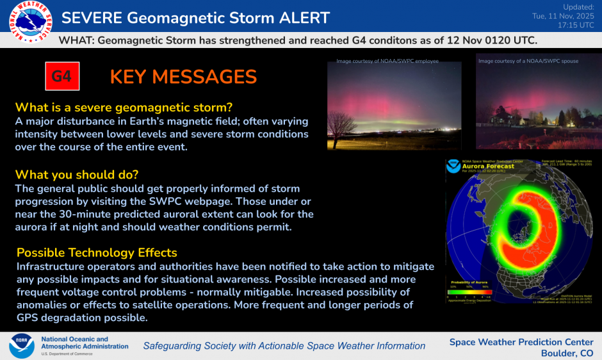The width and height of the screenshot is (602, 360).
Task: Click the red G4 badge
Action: (x=61, y=77)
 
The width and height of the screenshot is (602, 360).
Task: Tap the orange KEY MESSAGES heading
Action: (x=183, y=77)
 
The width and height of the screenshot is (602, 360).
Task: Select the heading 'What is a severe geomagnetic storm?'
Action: (x=124, y=107)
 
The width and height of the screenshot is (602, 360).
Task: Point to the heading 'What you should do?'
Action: (x=77, y=174)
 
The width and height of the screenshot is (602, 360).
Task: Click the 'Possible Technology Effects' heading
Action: (x=97, y=252)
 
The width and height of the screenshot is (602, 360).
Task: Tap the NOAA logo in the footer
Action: (x=21, y=345)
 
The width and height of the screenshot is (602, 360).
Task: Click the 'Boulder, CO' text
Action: (x=567, y=353)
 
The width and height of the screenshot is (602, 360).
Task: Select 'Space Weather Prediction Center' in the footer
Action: (x=521, y=341)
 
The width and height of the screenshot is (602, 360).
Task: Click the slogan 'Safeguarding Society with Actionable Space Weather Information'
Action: (x=284, y=346)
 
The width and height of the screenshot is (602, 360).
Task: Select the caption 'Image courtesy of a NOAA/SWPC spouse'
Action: (x=528, y=61)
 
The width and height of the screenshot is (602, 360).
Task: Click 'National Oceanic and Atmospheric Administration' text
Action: (x=84, y=343)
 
